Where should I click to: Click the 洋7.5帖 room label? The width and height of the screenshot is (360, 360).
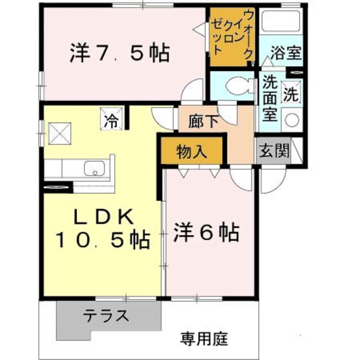tap(120, 53)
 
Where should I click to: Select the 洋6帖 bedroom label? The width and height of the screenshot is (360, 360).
tap(206, 232)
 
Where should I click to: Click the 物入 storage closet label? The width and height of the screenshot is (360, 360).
tap(191, 151)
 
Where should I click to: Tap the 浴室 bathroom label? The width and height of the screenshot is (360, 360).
tap(285, 52)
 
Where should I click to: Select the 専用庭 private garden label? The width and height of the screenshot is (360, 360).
tap(204, 339)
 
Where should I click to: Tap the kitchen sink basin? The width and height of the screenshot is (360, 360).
tap(94, 168)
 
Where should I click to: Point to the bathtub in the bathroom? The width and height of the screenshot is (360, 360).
tap(281, 21)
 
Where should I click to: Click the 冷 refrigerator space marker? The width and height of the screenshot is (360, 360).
tap(111, 118)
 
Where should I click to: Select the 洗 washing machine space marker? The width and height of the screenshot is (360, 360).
tap(291, 92)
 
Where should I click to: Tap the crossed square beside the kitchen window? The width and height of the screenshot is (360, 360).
tap(60, 134)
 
